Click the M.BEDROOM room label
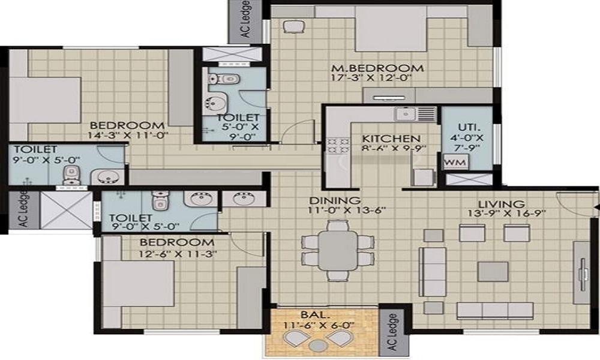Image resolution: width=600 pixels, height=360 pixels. [377, 68]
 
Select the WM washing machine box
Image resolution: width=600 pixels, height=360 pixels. [455, 162]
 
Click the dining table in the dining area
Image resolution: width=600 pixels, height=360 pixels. [338, 250]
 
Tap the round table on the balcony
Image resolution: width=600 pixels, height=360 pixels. [317, 346]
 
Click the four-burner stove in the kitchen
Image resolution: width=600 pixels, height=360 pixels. [338, 146]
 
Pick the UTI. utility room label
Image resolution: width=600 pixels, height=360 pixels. [469, 127]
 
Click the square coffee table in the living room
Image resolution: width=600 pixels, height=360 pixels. [493, 271]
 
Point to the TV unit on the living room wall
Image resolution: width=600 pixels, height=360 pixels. [582, 273]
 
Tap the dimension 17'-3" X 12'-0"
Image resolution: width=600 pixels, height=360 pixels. [371, 79]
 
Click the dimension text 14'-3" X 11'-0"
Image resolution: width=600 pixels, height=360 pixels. [128, 135]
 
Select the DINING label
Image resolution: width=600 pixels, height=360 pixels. [335, 200]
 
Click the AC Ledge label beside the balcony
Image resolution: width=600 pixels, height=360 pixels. [393, 332]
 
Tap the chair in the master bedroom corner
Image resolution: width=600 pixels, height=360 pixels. [293, 26]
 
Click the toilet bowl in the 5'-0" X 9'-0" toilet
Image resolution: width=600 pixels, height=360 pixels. [224, 79]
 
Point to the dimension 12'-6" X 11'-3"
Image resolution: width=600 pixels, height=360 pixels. [178, 253]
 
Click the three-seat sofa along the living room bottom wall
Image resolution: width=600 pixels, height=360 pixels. [495, 311]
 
